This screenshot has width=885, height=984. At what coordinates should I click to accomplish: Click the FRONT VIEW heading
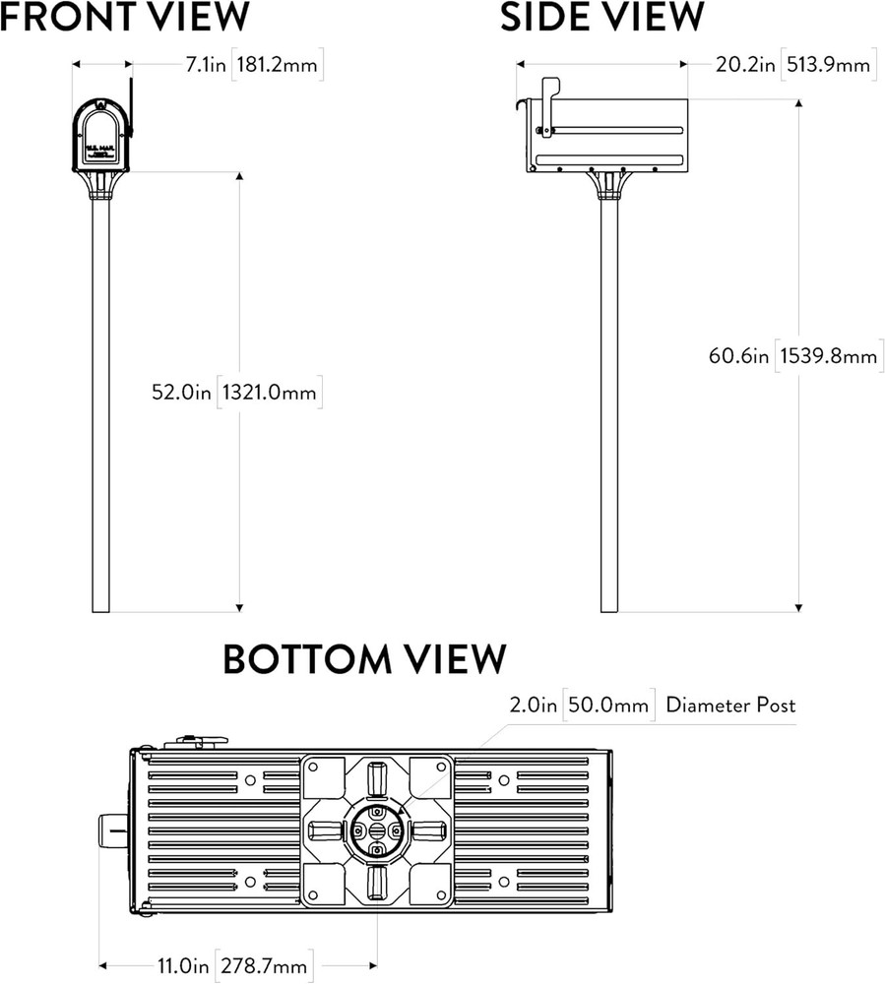pos(125,18)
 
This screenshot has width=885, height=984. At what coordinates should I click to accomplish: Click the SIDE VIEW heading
pos(601,18)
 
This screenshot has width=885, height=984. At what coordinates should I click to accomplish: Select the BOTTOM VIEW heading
pos(364,658)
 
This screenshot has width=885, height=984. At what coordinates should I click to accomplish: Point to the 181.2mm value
pos(279,65)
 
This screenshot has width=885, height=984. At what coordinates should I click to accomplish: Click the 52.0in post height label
pos(181,392)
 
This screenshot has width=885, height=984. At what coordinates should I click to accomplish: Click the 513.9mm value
pos(826,65)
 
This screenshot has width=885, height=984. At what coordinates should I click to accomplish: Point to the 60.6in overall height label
pos(738,355)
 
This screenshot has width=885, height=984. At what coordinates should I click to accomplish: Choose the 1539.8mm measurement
pos(828,355)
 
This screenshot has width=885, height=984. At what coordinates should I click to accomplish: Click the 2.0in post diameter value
pos(533,705)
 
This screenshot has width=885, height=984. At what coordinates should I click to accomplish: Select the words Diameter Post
pos(730,705)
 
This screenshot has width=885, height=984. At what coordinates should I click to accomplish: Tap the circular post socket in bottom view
pos(378,830)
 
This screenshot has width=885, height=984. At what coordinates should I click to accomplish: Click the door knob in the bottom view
pos(111,831)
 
